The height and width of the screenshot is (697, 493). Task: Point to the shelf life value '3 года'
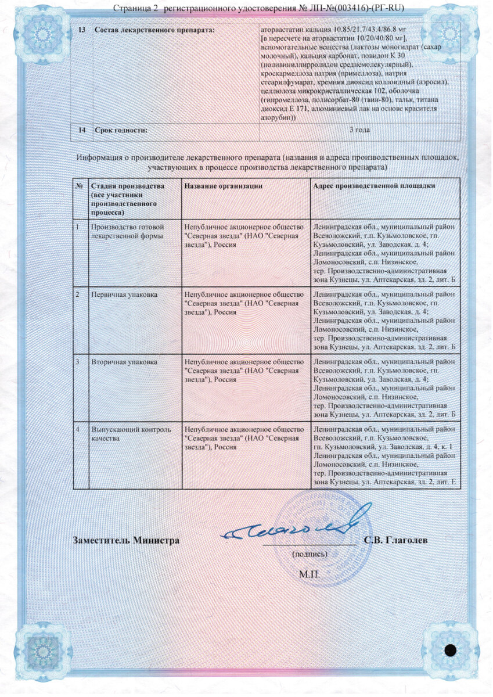coord(359,130)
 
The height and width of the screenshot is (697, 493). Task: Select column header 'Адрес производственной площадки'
coord(374,185)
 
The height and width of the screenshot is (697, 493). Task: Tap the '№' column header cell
coord(79,185)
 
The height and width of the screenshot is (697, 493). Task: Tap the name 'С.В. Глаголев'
coord(395,541)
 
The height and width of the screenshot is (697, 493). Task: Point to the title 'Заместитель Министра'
coord(126,541)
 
